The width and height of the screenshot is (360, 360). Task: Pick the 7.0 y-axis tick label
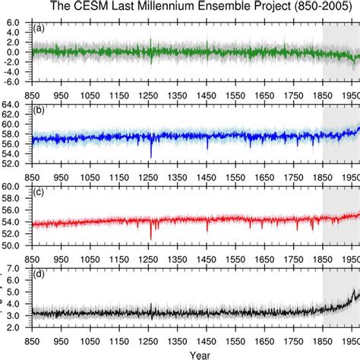[17, 269]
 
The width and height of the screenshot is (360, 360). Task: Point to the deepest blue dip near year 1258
[151, 156]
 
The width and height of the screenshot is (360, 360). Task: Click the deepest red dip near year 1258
[151, 238]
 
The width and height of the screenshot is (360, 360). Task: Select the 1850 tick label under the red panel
[323, 257]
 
